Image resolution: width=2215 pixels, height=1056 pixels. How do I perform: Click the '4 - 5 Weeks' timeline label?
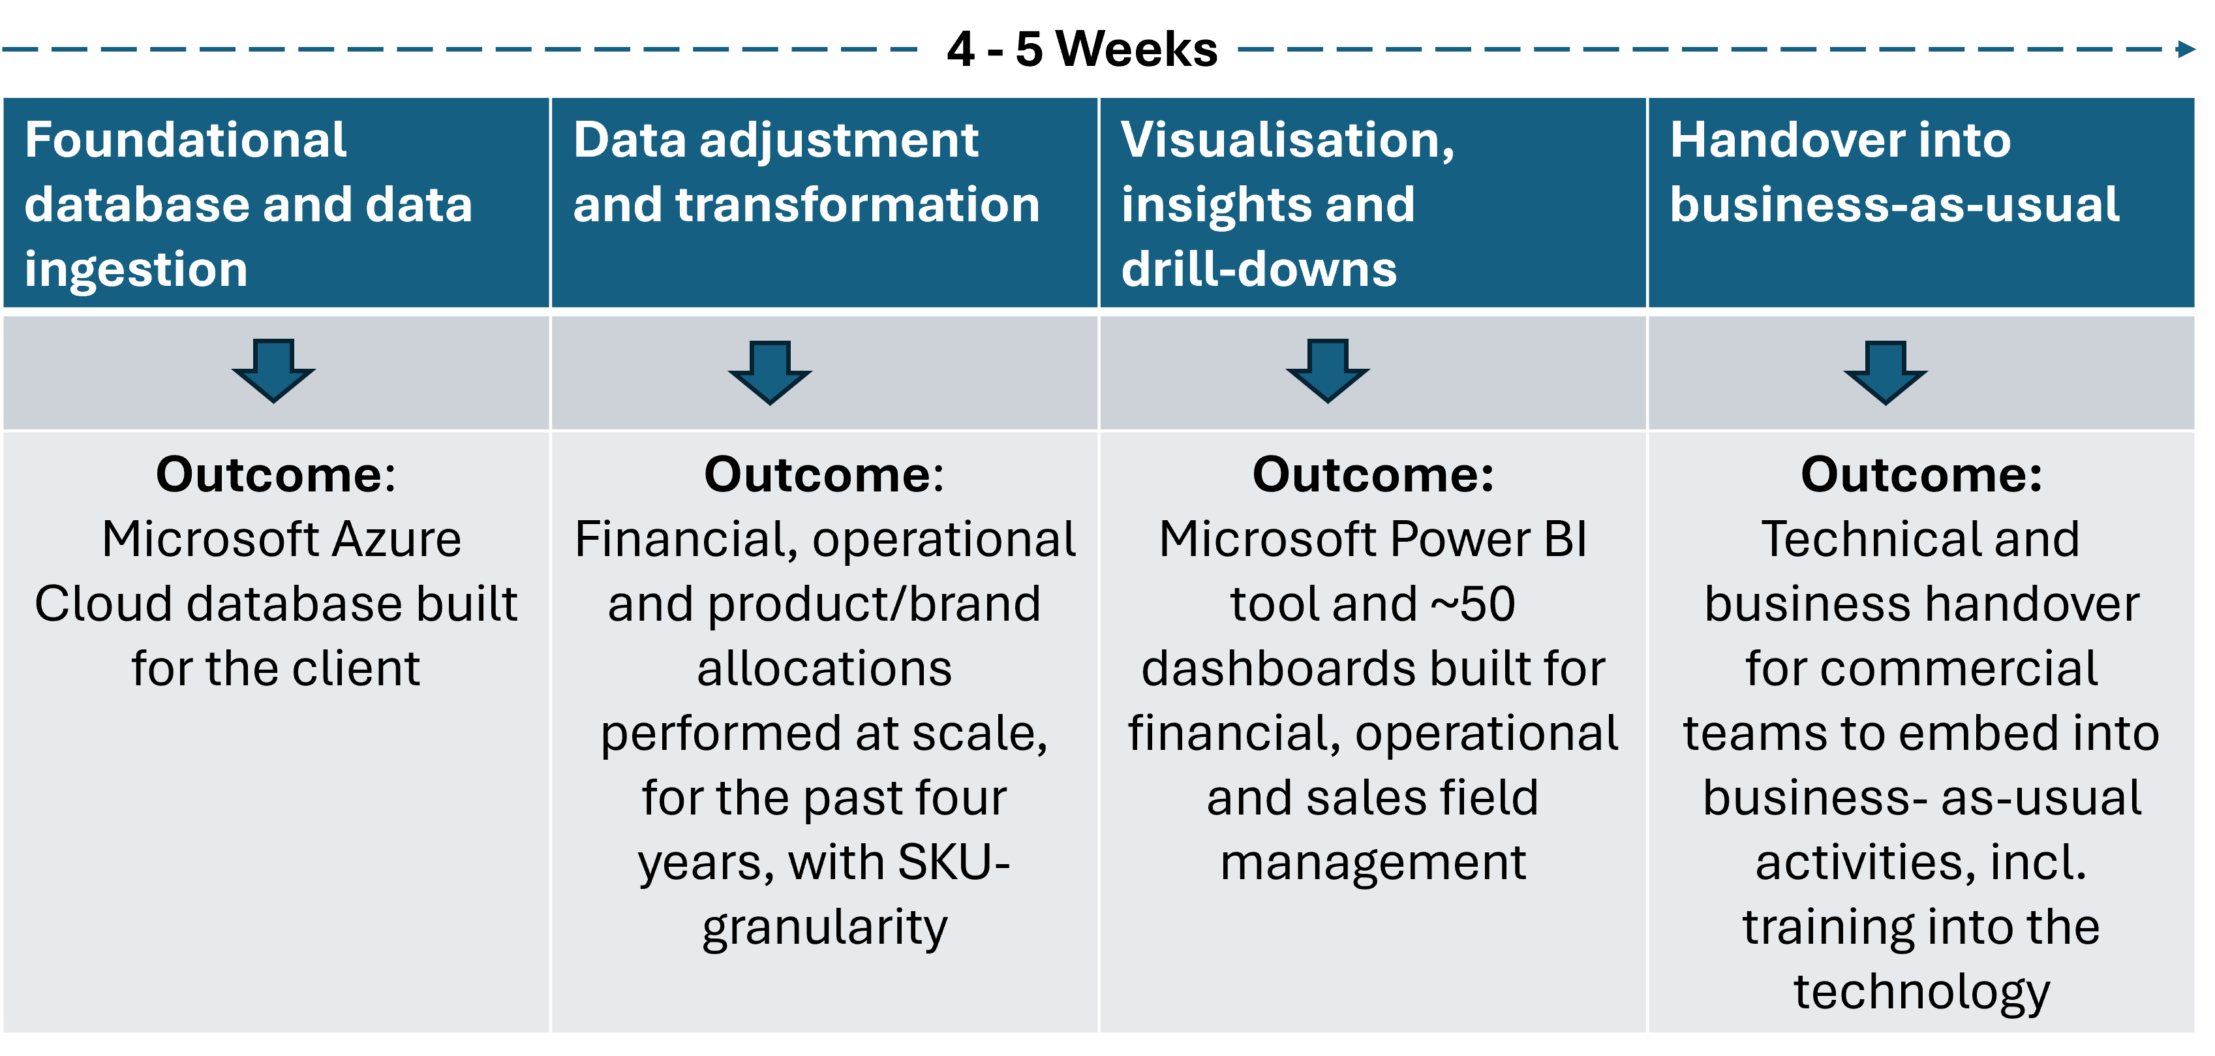(x=1082, y=49)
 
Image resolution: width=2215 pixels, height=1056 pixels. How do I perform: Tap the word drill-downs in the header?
(x=1259, y=268)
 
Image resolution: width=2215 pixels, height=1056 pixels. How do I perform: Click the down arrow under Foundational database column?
(x=273, y=371)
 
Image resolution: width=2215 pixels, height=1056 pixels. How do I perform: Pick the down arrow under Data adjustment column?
(x=770, y=373)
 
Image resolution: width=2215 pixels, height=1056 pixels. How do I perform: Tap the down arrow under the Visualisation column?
(x=1327, y=371)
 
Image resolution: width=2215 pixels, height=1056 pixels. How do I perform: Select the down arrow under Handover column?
(x=1885, y=373)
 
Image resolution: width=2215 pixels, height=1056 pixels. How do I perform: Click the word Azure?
(x=397, y=539)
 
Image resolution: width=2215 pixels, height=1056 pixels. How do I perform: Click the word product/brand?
(x=874, y=604)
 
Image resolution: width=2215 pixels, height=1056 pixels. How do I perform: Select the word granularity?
(x=825, y=929)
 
